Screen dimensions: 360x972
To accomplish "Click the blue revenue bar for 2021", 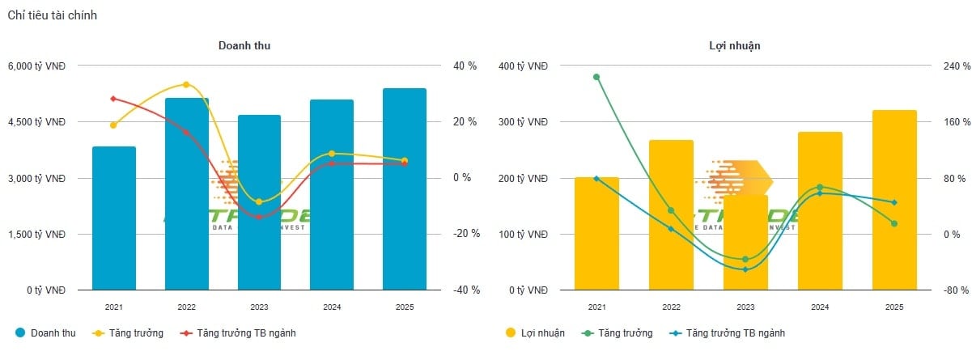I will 114,218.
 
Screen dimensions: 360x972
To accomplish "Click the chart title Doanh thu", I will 244,46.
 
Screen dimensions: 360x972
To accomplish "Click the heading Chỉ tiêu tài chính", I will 53,15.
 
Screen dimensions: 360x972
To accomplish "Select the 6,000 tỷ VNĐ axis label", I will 37,66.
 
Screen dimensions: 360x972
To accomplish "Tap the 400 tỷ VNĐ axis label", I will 523,66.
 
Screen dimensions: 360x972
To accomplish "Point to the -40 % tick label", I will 465,290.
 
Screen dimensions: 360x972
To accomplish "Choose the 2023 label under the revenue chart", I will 260,307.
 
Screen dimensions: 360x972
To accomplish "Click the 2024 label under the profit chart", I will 820,307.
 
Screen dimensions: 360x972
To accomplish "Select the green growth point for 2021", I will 596,77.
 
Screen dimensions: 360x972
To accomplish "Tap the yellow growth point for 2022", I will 186,84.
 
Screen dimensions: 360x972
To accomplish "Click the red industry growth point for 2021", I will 113,99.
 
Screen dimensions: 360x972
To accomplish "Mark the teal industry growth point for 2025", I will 894,202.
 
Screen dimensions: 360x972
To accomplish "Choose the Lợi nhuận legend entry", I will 535,332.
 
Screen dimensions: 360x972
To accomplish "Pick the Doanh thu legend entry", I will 49,332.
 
